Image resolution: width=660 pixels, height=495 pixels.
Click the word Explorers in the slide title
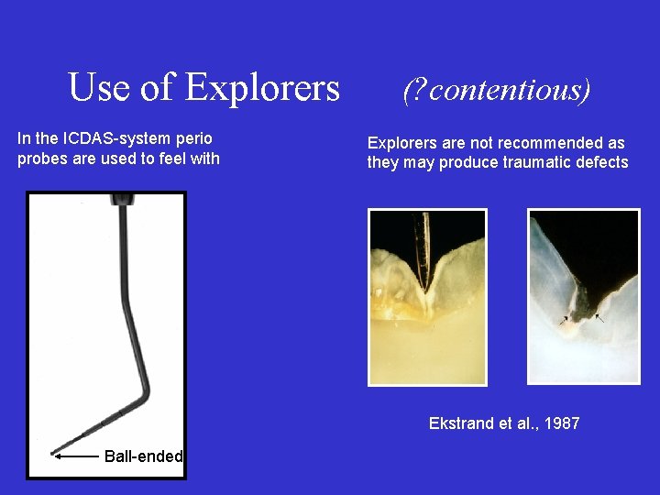pyautogui.click(x=262, y=88)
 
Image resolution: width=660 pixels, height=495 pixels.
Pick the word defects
pyautogui.click(x=601, y=162)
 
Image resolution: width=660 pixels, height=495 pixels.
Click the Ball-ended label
pyautogui.click(x=144, y=456)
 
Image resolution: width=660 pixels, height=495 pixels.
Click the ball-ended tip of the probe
pyautogui.click(x=54, y=452)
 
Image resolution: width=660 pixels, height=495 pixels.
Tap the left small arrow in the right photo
pyautogui.click(x=564, y=321)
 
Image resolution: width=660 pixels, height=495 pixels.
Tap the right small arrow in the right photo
pyautogui.click(x=600, y=317)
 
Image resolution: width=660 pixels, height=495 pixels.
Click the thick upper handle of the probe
pyautogui.click(x=120, y=229)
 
